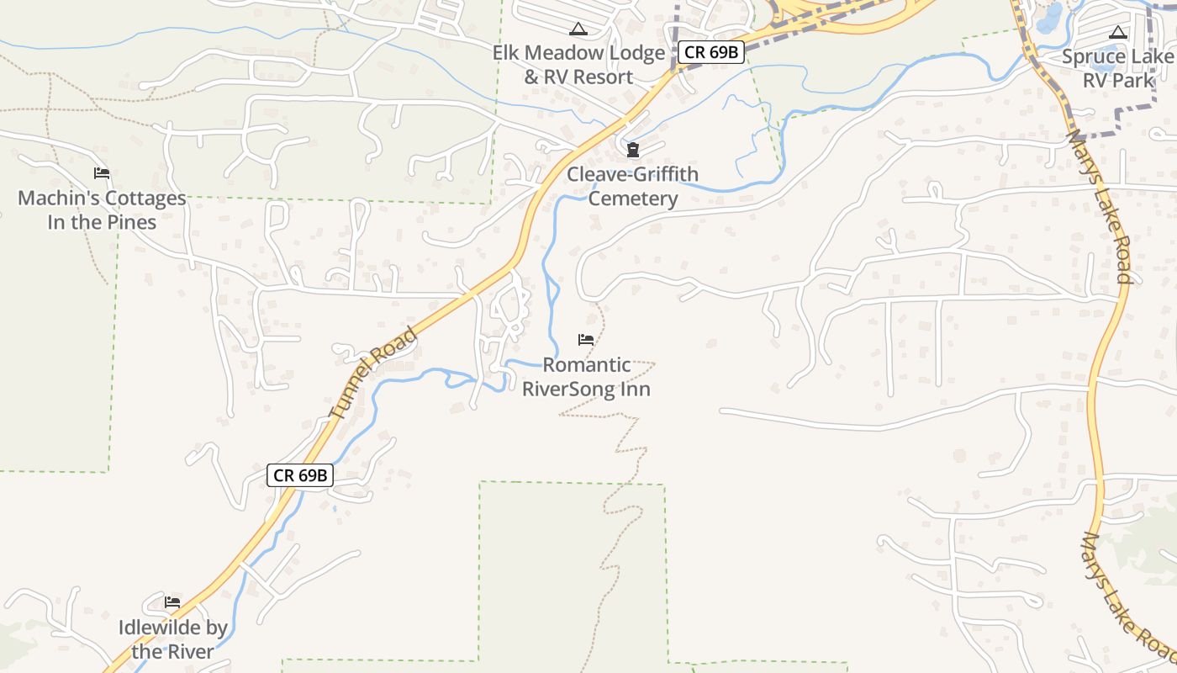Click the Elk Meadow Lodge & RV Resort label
[578, 65]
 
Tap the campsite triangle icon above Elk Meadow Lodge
[578, 29]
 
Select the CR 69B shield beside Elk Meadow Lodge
[710, 52]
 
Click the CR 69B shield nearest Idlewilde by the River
[300, 475]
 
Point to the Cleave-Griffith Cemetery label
[632, 186]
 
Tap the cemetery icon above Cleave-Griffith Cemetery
[632, 151]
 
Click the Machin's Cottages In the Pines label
[102, 210]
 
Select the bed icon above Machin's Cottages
[102, 173]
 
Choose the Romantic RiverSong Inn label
[586, 377]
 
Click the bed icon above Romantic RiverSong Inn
[586, 340]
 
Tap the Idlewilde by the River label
[172, 639]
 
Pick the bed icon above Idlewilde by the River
[172, 602]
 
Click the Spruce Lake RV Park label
[1117, 68]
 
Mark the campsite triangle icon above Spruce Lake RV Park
[1117, 33]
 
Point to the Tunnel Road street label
[374, 374]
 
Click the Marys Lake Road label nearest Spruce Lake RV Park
[1100, 206]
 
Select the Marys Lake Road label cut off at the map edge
[1128, 597]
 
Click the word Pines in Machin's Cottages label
[131, 223]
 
